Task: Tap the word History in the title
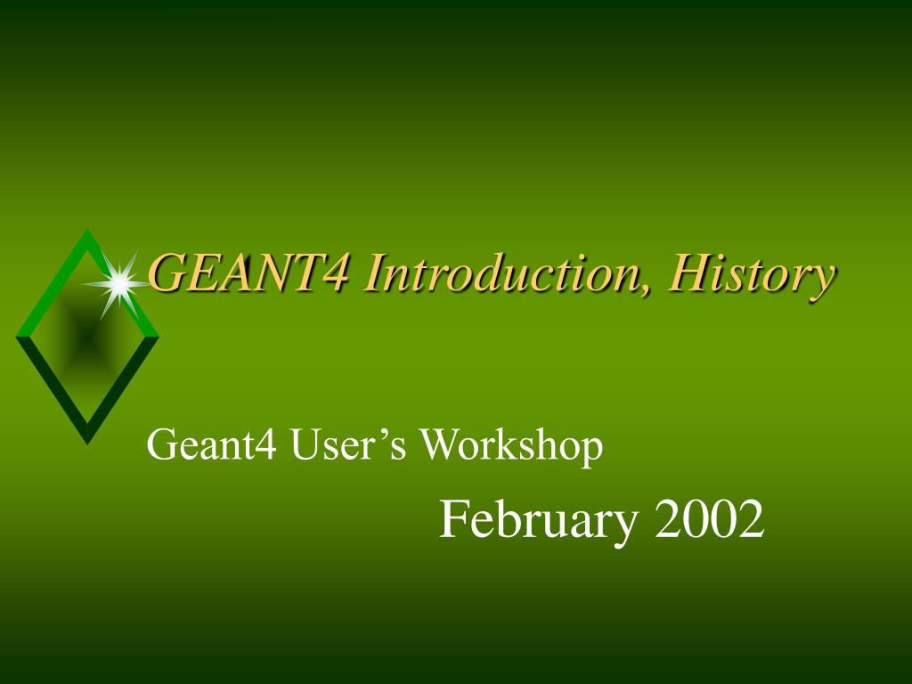753,274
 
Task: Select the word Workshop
511,445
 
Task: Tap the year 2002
710,520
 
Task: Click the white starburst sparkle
117,283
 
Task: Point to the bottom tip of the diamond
86,441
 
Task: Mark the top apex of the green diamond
87,232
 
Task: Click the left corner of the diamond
18,336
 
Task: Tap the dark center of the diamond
86,337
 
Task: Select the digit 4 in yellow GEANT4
335,273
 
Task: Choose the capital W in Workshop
436,445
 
